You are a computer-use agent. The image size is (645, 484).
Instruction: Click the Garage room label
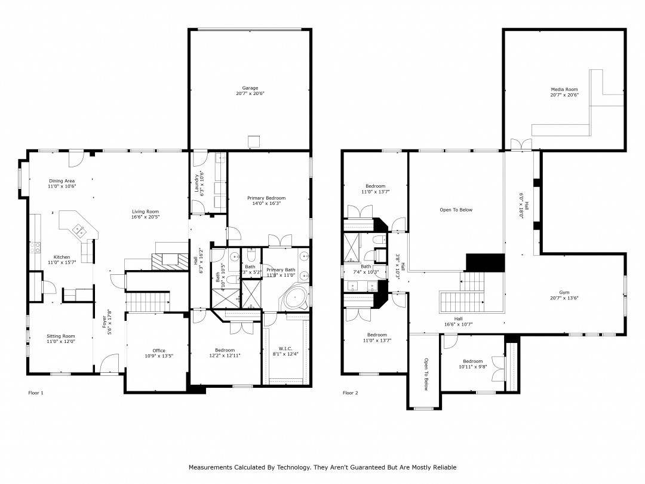250,91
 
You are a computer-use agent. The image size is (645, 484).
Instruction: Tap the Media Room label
564,92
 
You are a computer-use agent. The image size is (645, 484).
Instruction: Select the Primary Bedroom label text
266,201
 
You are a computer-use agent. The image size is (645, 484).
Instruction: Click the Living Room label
145,215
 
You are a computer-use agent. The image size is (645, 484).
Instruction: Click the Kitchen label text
62,260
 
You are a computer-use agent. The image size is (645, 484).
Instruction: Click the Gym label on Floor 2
564,295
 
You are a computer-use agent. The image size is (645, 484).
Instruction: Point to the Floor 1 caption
36,393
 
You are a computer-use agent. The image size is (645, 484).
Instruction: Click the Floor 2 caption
350,393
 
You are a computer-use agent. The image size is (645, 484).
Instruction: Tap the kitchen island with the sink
78,226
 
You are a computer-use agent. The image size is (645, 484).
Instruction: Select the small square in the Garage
254,140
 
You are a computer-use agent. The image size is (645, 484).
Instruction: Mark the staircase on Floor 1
148,302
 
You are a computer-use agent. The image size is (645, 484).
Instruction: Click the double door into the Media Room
521,145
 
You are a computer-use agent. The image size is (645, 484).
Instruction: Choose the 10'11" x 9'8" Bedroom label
472,364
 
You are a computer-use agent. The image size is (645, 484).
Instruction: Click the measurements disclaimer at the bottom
322,467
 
